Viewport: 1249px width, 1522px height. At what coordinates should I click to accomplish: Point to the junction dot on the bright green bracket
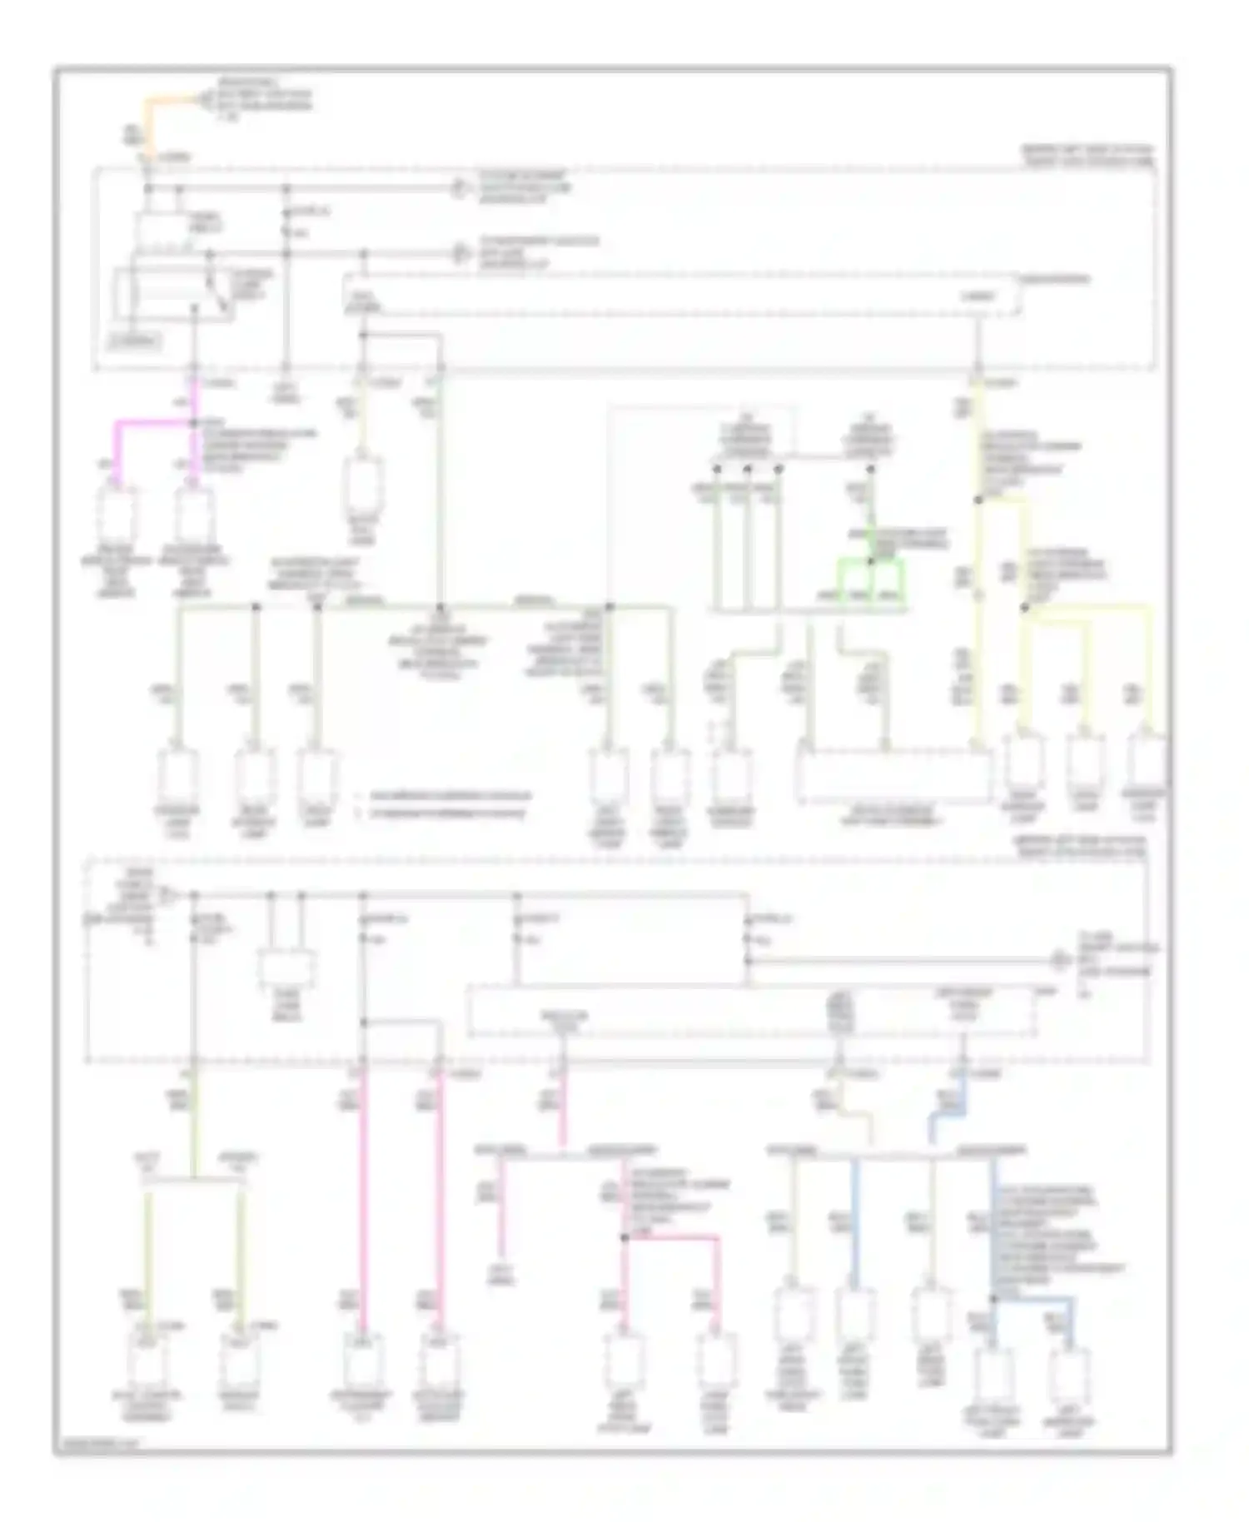870,562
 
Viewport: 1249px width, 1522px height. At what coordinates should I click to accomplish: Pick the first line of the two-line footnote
441,796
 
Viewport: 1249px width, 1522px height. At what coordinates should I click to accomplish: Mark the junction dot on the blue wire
993,1298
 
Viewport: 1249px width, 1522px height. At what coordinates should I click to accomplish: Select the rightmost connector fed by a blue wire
1071,1379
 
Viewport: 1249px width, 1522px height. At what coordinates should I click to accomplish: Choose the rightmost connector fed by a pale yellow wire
1148,762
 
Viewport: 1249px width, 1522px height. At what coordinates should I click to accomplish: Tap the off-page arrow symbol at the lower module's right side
1059,960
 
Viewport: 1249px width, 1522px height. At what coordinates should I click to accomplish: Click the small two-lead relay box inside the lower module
286,969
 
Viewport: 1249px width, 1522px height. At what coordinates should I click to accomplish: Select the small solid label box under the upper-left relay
137,341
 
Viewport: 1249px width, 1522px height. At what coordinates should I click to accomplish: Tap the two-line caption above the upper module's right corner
1087,156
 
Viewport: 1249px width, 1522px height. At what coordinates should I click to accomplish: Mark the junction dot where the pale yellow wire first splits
979,500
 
